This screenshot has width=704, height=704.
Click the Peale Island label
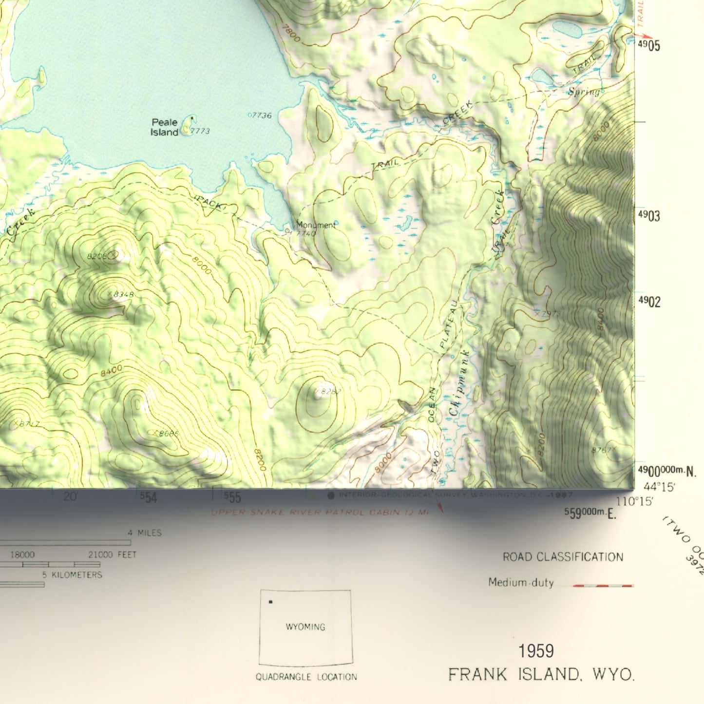pos(165,127)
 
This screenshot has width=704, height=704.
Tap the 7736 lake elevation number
pos(261,115)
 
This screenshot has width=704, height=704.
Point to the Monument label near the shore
pos(316,225)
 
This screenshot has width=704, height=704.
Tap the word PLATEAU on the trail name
pos(449,323)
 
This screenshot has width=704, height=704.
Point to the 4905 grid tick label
pos(649,46)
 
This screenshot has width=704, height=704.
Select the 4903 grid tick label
pos(649,216)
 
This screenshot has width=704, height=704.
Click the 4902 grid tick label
pos(649,302)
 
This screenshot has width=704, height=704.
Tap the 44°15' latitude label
pos(659,487)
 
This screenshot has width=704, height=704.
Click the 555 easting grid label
pos(232,497)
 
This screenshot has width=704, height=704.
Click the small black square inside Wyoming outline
pos(270,602)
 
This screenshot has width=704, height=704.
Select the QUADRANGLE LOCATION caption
pos(306,677)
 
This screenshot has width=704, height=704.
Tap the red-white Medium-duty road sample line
pos(603,585)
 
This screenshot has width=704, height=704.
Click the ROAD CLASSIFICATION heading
pos(563,557)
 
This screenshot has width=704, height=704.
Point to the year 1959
pos(536,651)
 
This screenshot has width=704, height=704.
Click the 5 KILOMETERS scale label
pos(72,575)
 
